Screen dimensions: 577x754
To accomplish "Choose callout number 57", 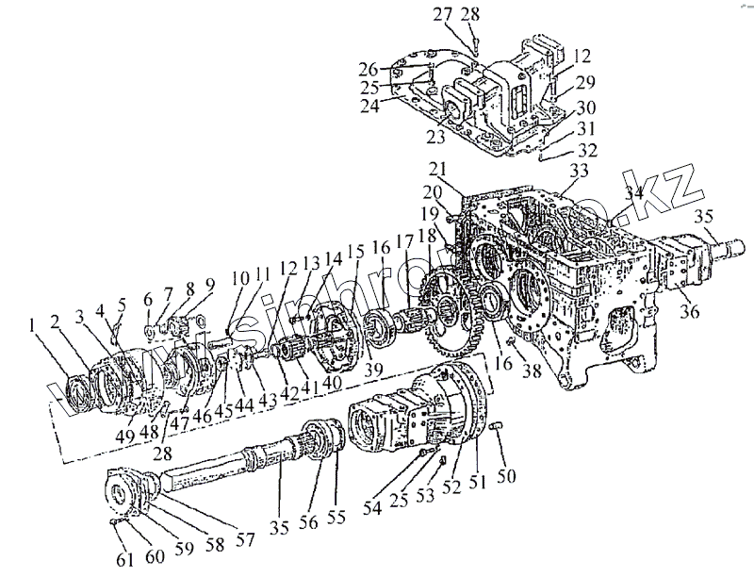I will click(246, 540).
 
